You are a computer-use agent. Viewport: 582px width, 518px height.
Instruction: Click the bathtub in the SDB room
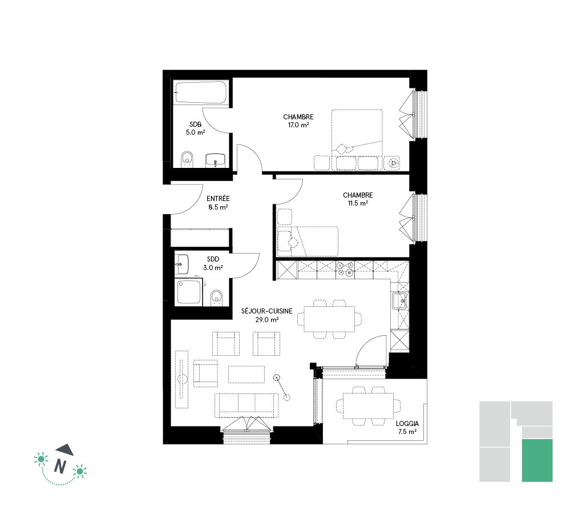pyautogui.click(x=200, y=92)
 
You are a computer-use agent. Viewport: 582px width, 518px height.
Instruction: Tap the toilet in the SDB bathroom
pyautogui.click(x=188, y=159)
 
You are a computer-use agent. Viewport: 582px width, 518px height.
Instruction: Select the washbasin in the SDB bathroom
pyautogui.click(x=215, y=160)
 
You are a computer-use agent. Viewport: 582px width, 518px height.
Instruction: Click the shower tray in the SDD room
pyautogui.click(x=189, y=292)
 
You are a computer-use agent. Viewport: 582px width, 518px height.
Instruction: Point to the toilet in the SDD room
pyautogui.click(x=216, y=298)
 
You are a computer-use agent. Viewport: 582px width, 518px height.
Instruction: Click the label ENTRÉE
pyautogui.click(x=218, y=199)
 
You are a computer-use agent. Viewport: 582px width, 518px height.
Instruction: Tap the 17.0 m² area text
pyautogui.click(x=298, y=125)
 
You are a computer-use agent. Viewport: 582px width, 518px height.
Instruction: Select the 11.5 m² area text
pyautogui.click(x=358, y=203)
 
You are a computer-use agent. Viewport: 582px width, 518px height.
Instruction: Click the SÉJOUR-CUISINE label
pyautogui.click(x=267, y=311)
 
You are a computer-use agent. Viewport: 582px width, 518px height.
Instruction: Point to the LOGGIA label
pyautogui.click(x=407, y=424)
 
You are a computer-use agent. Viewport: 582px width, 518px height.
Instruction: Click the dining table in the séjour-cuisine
pyautogui.click(x=329, y=319)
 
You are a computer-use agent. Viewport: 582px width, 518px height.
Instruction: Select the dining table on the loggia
pyautogui.click(x=368, y=406)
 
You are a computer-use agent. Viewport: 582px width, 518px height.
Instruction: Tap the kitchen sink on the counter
pyautogui.click(x=400, y=300)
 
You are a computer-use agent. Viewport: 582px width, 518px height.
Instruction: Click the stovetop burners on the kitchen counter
pyautogui.click(x=345, y=269)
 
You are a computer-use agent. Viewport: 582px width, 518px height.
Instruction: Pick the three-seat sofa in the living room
pyautogui.click(x=246, y=405)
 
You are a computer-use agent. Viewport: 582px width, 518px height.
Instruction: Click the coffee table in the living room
pyautogui.click(x=246, y=374)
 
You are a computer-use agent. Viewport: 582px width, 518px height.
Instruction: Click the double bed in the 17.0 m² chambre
pyautogui.click(x=357, y=140)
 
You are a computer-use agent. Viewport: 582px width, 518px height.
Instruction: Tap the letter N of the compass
pyautogui.click(x=60, y=466)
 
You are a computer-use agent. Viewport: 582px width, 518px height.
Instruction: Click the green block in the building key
pyautogui.click(x=537, y=460)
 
